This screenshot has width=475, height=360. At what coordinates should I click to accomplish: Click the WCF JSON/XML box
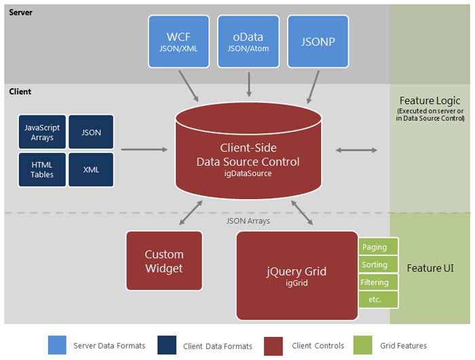point(179,41)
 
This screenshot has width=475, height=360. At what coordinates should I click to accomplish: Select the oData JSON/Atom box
point(248,41)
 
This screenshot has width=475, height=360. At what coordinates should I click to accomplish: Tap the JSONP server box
point(318,41)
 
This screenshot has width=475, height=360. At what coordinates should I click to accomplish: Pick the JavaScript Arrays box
point(42,132)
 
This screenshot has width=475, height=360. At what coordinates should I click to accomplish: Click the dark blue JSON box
point(91,132)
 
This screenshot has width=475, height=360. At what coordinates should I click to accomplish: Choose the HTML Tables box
point(42,169)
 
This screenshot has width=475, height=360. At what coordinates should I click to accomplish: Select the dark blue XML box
point(91,169)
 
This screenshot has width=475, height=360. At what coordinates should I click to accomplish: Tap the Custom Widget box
point(164,262)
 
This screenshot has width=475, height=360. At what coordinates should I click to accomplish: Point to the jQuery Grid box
point(297,275)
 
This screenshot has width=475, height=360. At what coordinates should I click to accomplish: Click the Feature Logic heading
point(430,101)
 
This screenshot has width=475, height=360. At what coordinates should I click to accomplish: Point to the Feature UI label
point(430,268)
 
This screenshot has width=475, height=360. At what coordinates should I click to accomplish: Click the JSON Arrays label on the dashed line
point(248,221)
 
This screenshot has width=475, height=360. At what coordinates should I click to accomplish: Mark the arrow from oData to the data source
point(249,84)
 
